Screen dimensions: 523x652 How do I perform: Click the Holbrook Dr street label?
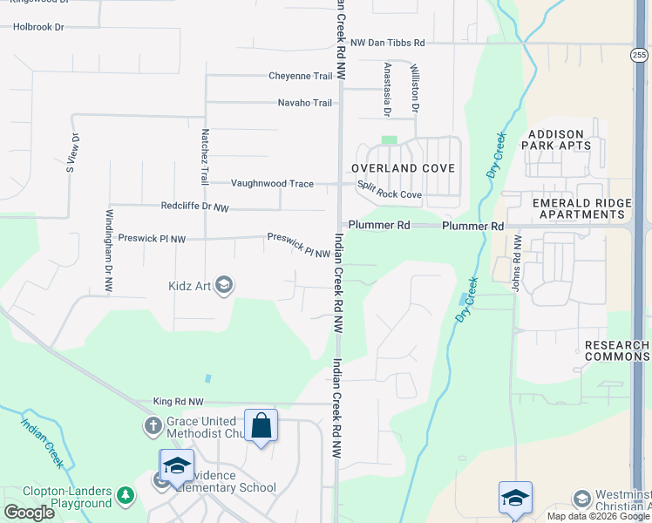pyautogui.click(x=38, y=27)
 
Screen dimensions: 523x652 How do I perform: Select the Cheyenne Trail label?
pyautogui.click(x=301, y=76)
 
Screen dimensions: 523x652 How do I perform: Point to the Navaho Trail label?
pyautogui.click(x=305, y=103)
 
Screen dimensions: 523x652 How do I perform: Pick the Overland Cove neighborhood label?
pyautogui.click(x=403, y=167)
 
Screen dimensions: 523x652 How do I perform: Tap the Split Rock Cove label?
pyautogui.click(x=390, y=194)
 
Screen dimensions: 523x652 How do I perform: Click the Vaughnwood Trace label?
pyautogui.click(x=272, y=183)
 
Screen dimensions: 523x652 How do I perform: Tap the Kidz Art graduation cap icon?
pyautogui.click(x=224, y=285)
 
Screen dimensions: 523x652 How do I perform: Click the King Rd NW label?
pyautogui.click(x=178, y=402)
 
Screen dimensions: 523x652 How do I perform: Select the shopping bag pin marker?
pyautogui.click(x=261, y=426)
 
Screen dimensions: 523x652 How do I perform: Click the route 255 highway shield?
pyautogui.click(x=640, y=55)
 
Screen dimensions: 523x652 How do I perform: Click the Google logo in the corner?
pyautogui.click(x=29, y=513)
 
